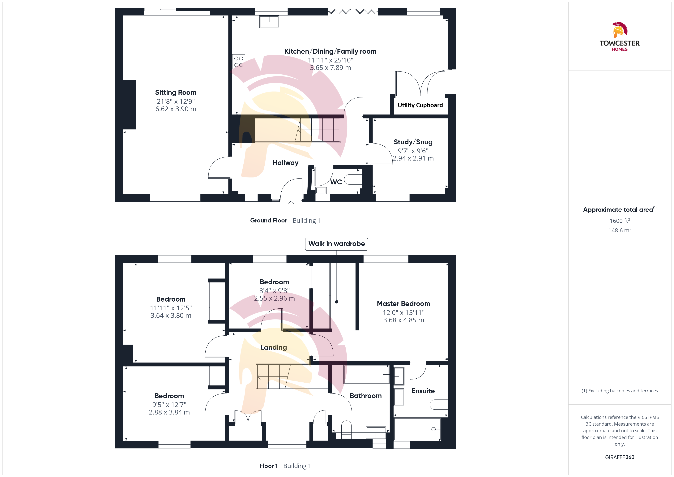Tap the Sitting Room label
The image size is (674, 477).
(176, 92)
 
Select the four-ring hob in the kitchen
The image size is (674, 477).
(239, 62)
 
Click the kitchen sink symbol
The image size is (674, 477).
(269, 21)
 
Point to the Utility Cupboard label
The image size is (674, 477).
(420, 105)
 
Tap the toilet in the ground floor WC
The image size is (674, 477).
(353, 179)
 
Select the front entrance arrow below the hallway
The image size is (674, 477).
(291, 204)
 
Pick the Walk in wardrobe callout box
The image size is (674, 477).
(336, 244)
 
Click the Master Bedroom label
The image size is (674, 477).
(403, 304)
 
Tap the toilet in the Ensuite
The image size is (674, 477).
(439, 404)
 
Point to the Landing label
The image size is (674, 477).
(274, 347)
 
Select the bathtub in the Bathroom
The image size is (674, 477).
(366, 375)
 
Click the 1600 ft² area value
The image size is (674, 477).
(620, 221)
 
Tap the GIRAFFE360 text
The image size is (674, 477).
(620, 457)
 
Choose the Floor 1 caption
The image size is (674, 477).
(269, 466)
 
